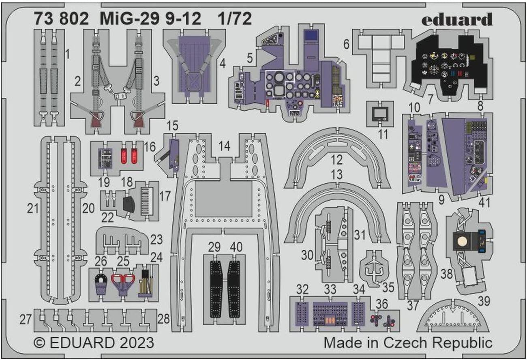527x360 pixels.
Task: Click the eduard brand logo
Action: click(457, 19)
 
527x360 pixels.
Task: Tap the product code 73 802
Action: click(61, 19)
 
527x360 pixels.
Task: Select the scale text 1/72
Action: click(235, 19)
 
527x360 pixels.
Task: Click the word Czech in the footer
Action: click(405, 343)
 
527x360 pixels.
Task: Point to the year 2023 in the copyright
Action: click(137, 343)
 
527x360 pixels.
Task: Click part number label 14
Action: click(224, 146)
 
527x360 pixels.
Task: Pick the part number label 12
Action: click(336, 160)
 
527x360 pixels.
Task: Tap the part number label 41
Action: click(484, 202)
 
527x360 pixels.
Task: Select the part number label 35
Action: click(388, 287)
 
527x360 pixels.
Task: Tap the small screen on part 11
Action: click(380, 114)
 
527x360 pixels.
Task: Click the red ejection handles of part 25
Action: click(122, 279)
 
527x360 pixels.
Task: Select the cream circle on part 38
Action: click(462, 241)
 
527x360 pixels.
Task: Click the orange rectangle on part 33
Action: click(330, 320)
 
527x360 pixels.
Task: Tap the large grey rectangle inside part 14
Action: click(223, 199)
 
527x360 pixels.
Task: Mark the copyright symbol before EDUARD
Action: click(39, 343)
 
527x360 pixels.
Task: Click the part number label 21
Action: click(33, 208)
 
